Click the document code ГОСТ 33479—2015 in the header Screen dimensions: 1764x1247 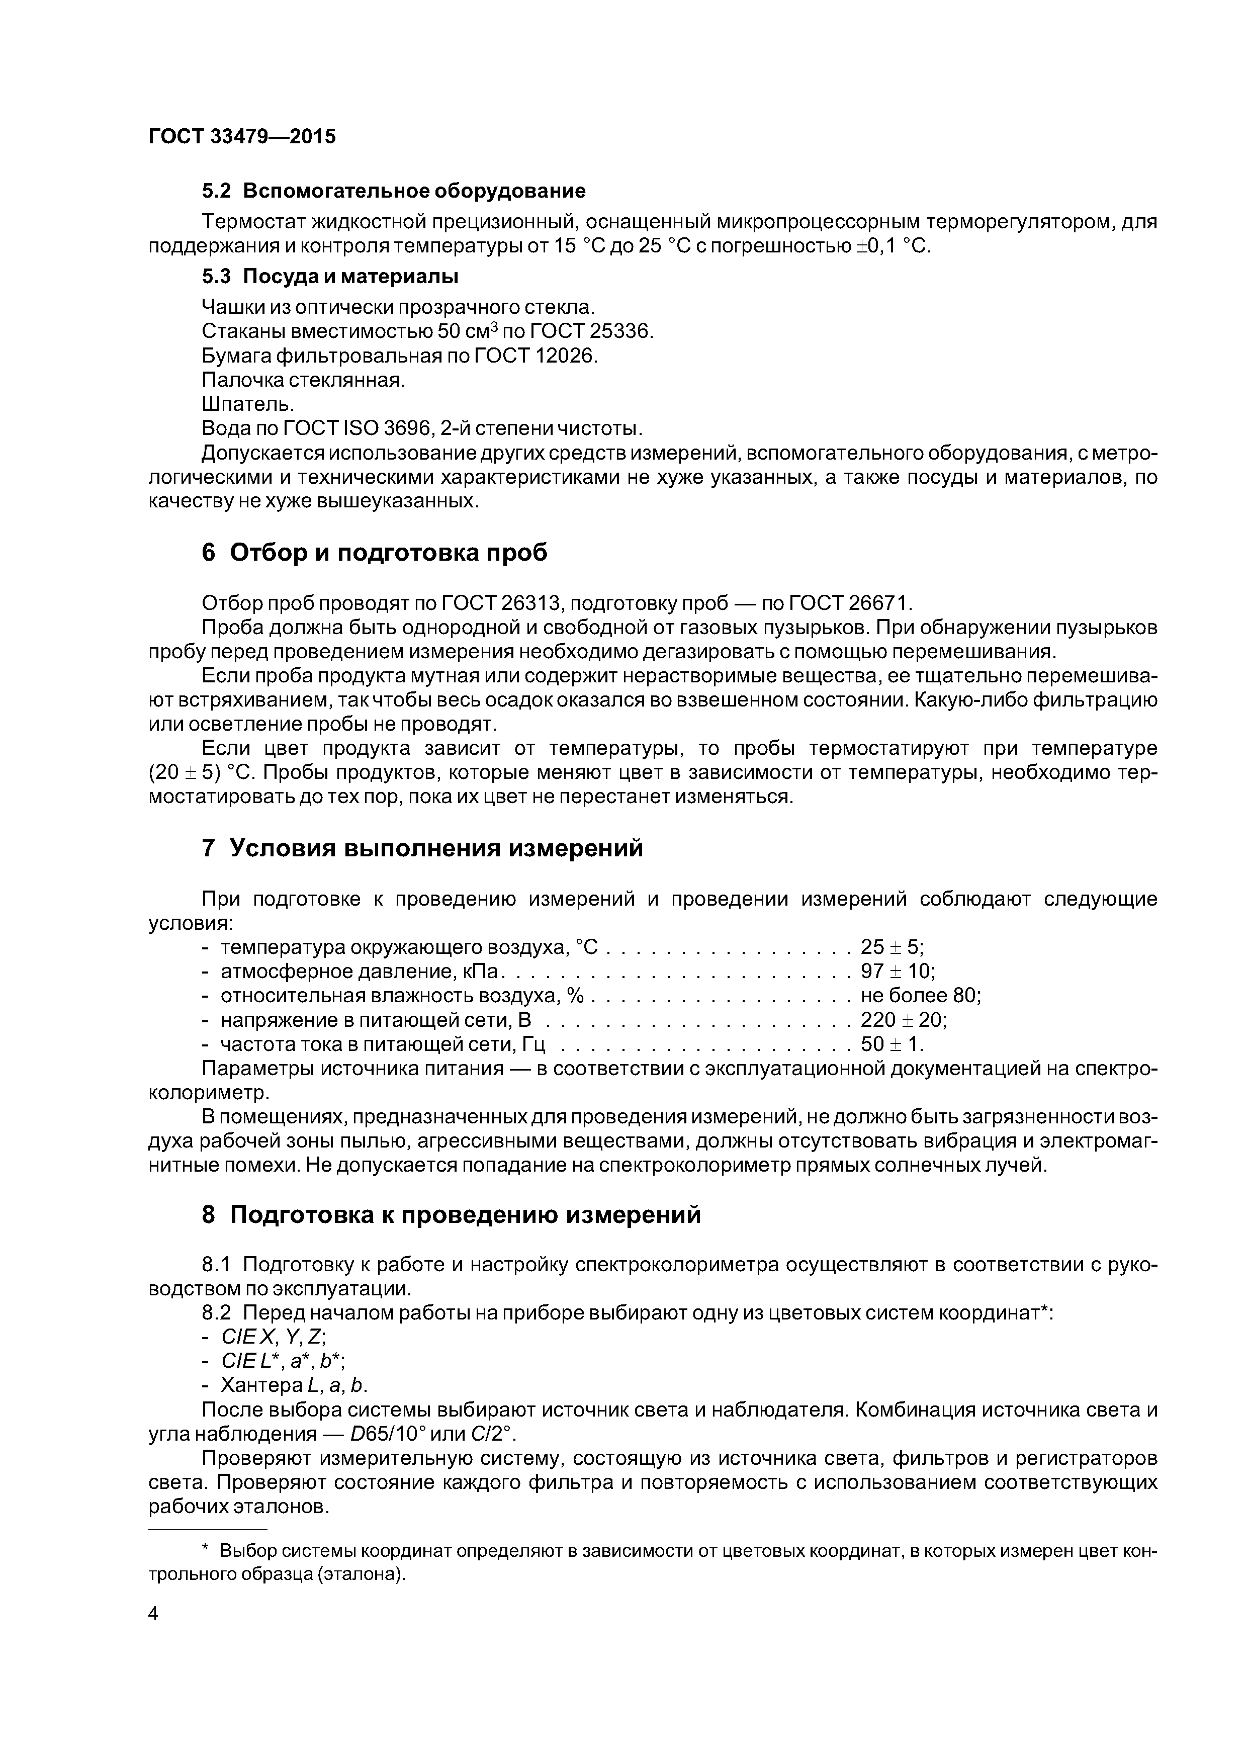(242, 137)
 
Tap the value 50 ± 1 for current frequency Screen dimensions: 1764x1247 (892, 1045)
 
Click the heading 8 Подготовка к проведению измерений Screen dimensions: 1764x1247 (451, 1215)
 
